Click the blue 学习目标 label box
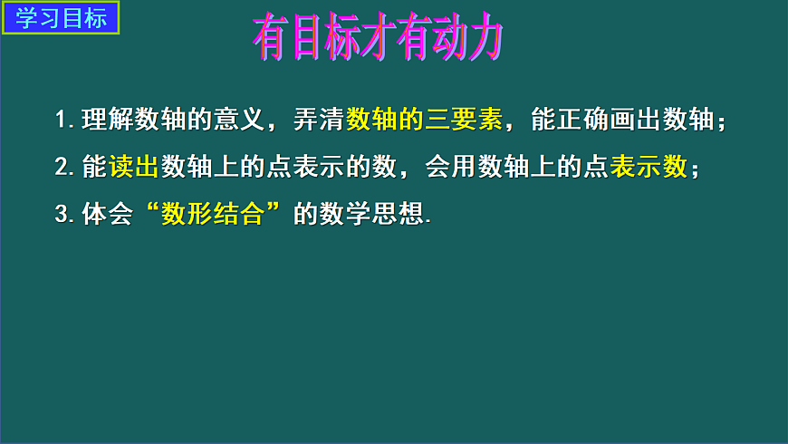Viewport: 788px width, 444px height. (x=62, y=18)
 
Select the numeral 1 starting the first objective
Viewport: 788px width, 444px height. (x=61, y=121)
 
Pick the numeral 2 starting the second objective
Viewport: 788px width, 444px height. (x=61, y=168)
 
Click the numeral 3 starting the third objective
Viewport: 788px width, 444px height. (x=61, y=215)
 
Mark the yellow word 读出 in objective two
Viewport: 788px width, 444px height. (x=133, y=167)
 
